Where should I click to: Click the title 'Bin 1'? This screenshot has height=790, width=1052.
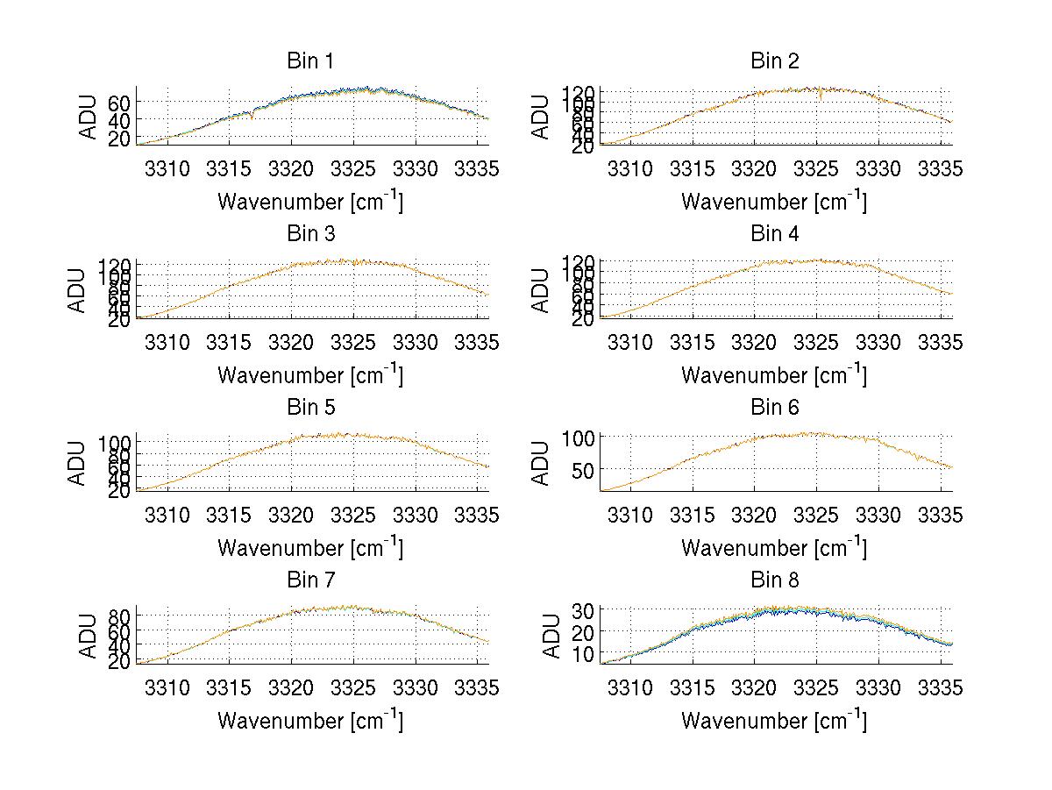309,61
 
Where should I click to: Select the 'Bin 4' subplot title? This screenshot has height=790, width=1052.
775,234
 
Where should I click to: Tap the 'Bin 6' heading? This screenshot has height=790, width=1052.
775,408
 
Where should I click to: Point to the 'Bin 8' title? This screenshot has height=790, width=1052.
775,580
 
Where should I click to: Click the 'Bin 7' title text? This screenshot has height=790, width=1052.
309,580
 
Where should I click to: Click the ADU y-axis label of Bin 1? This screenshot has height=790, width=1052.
89,116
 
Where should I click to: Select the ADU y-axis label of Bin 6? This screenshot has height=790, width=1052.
541,462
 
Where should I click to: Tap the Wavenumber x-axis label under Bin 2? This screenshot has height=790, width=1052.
774,202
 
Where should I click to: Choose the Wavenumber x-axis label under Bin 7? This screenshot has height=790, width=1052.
310,721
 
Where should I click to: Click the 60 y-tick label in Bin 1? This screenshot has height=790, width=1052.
120,102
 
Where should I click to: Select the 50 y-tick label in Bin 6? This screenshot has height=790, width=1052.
583,470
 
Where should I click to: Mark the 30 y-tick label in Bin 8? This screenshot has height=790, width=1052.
583,609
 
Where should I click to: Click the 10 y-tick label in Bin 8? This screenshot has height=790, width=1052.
583,653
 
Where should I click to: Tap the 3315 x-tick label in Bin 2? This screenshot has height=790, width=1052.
693,168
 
